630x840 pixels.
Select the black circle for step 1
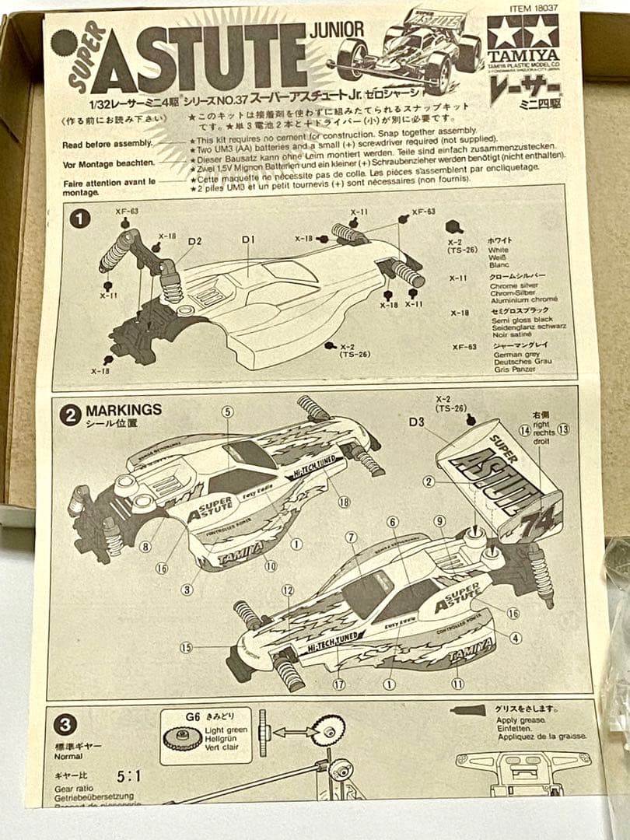[79, 219]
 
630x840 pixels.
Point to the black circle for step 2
[70, 415]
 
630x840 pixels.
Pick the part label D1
[248, 240]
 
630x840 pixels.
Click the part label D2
[194, 242]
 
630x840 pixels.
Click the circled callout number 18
[344, 502]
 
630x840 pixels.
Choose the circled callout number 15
[186, 647]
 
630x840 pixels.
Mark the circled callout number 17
[339, 684]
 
